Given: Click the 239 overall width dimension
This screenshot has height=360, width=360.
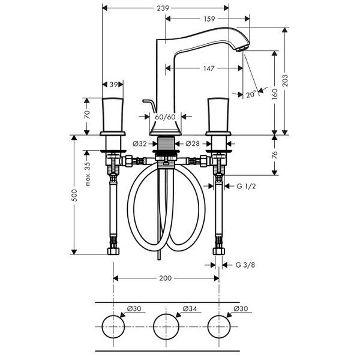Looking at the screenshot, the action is click(x=163, y=8).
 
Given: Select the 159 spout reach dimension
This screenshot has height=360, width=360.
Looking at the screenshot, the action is click(x=209, y=19).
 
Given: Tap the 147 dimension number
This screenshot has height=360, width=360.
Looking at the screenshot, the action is click(x=209, y=68).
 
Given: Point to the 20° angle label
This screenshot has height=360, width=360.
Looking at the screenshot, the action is click(x=251, y=94).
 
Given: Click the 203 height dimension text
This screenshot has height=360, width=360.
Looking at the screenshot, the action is click(x=285, y=80).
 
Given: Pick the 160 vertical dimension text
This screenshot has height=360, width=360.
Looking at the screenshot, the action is click(x=275, y=94).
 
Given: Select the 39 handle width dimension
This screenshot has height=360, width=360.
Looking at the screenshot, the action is click(x=113, y=85).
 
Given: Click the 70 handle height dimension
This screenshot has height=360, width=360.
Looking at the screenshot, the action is click(x=87, y=115).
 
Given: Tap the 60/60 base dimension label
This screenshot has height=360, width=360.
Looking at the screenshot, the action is click(x=165, y=117).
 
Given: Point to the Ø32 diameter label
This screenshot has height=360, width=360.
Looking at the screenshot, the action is click(x=140, y=144).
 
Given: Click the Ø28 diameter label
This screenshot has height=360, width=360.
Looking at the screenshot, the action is click(x=193, y=143).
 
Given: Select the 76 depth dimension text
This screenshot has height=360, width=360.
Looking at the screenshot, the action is click(x=275, y=155).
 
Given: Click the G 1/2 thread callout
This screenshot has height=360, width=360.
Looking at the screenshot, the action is click(x=246, y=186).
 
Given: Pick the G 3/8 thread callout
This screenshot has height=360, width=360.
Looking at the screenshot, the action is click(x=245, y=265).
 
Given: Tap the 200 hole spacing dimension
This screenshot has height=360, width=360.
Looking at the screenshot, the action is click(x=166, y=278).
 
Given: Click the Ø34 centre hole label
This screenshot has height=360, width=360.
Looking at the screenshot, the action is click(x=190, y=308).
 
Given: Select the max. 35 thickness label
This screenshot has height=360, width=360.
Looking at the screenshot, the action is click(x=88, y=174).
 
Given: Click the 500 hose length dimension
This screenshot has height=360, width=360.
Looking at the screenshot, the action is click(x=74, y=196).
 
